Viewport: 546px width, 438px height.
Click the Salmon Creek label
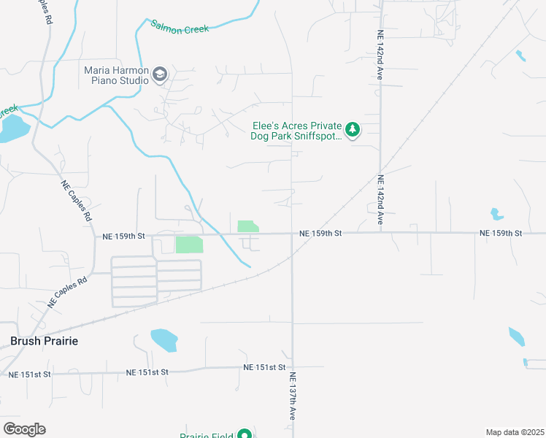tap(180, 27)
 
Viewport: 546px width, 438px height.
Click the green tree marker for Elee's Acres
tap(353, 131)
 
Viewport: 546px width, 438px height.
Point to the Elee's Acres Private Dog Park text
tap(297, 131)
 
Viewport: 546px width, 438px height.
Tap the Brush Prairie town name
tap(44, 341)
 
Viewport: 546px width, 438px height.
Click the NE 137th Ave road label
tap(291, 396)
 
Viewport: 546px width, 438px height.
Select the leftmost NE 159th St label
tap(125, 237)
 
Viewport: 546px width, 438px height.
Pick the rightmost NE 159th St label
tap(501, 233)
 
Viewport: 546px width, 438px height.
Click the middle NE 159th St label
tap(320, 233)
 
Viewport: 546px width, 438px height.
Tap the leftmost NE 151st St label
tap(29, 374)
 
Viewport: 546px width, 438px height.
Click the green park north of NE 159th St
tap(247, 226)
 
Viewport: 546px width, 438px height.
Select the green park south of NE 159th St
tap(189, 245)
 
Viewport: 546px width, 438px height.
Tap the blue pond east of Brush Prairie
tap(164, 339)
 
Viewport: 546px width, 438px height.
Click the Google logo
tap(24, 429)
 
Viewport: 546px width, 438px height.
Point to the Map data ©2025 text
tap(515, 432)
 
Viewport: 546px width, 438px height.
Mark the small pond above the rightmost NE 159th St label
tap(496, 215)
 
